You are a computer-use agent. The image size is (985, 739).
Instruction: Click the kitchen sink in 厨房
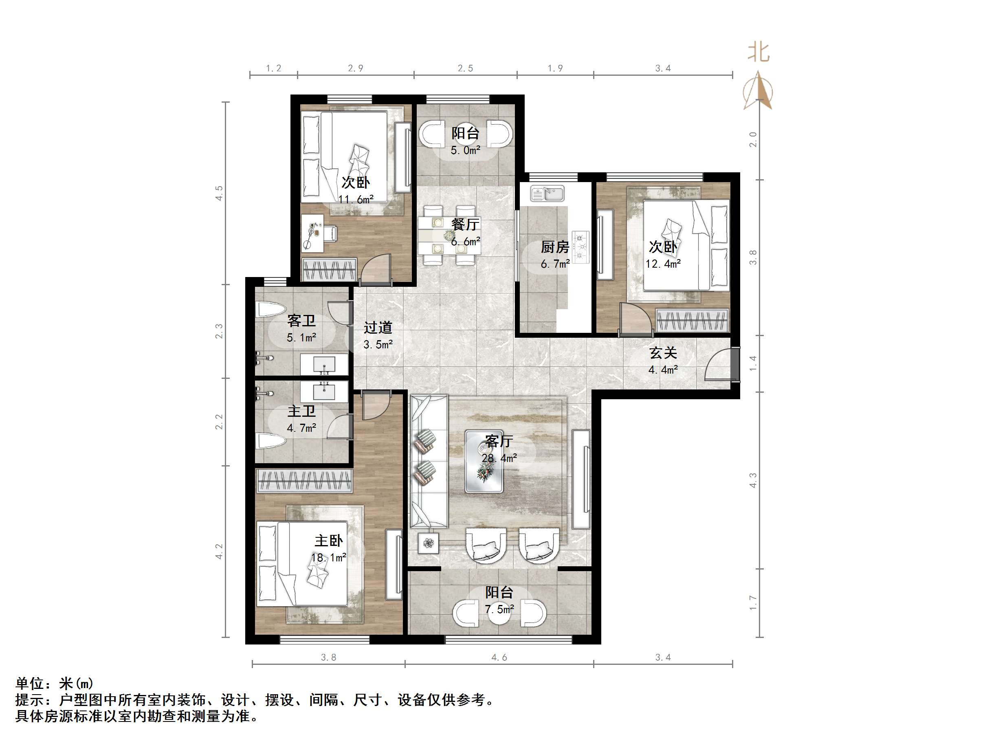[547, 194]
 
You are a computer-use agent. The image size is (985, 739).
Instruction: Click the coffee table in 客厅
[484, 461]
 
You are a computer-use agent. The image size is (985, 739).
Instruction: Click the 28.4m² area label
[499, 458]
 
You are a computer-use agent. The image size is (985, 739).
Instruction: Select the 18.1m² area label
[329, 558]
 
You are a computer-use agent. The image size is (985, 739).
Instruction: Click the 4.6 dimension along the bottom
[499, 658]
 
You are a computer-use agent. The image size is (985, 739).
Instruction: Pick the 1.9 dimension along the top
[555, 68]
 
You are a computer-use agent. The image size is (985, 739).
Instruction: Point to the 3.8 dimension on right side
[753, 257]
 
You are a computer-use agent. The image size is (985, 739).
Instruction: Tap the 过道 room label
[378, 328]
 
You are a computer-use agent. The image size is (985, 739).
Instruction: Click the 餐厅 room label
[465, 224]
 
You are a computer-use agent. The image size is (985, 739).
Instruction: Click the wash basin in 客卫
[324, 364]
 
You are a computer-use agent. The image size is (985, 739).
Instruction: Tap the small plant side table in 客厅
[429, 543]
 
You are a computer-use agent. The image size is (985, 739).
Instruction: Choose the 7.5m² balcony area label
[499, 609]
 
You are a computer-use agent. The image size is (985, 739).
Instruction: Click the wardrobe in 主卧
[305, 481]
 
